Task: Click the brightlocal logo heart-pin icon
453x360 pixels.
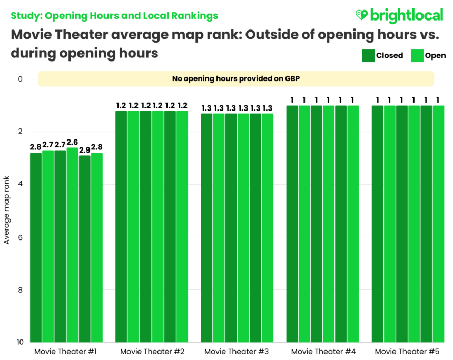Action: pos(362,15)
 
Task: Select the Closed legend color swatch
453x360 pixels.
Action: pos(368,55)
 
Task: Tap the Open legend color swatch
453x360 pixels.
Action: pos(417,55)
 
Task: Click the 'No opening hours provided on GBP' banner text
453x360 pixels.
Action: pos(236,79)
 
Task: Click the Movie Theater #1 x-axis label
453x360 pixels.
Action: pos(66,351)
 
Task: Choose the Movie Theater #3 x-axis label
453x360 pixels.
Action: pos(237,351)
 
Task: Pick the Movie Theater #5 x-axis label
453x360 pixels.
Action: pos(407,351)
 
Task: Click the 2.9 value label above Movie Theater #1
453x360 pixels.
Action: pos(84,150)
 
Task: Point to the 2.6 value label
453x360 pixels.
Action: pos(72,142)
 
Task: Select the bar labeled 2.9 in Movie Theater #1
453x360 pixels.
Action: pos(84,247)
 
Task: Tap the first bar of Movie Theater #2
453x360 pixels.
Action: pos(121,226)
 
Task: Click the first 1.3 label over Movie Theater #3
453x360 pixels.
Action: pos(206,108)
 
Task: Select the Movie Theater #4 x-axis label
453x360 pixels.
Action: pos(322,351)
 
